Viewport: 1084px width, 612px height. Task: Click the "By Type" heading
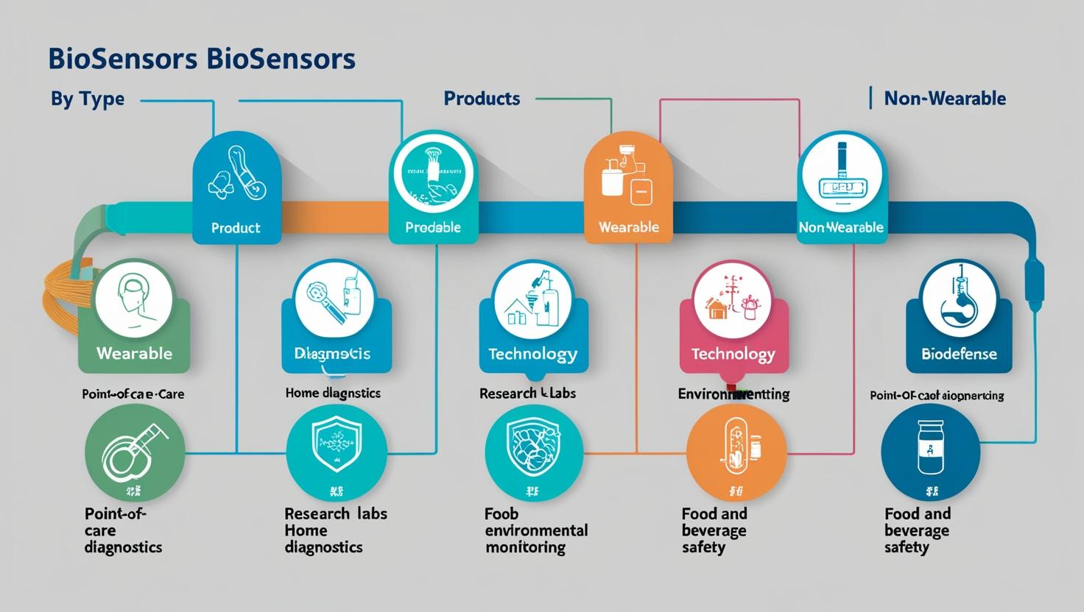[x=87, y=99]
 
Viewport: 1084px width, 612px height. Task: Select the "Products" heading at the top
[x=482, y=99]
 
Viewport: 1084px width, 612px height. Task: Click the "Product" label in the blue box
[x=236, y=228]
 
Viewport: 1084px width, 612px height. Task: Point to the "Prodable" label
[x=433, y=227]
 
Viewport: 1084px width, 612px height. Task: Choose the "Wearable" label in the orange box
[x=628, y=227]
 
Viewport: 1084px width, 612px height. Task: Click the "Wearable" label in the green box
[x=134, y=353]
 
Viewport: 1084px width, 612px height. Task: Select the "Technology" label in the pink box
[x=733, y=354]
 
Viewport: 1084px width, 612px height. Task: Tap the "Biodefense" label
[x=959, y=354]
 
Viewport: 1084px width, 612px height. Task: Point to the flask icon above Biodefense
[x=959, y=297]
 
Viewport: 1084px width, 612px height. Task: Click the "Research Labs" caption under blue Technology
[x=527, y=394]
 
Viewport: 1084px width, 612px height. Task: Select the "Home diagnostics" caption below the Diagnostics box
[x=333, y=393]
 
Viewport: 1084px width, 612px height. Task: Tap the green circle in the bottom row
[x=135, y=452]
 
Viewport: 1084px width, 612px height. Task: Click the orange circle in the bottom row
[x=736, y=452]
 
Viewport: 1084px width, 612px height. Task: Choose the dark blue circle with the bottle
[x=930, y=452]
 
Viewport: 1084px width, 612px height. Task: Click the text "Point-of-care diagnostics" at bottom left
[x=122, y=530]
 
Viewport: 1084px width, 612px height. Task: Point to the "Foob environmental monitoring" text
[x=535, y=530]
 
